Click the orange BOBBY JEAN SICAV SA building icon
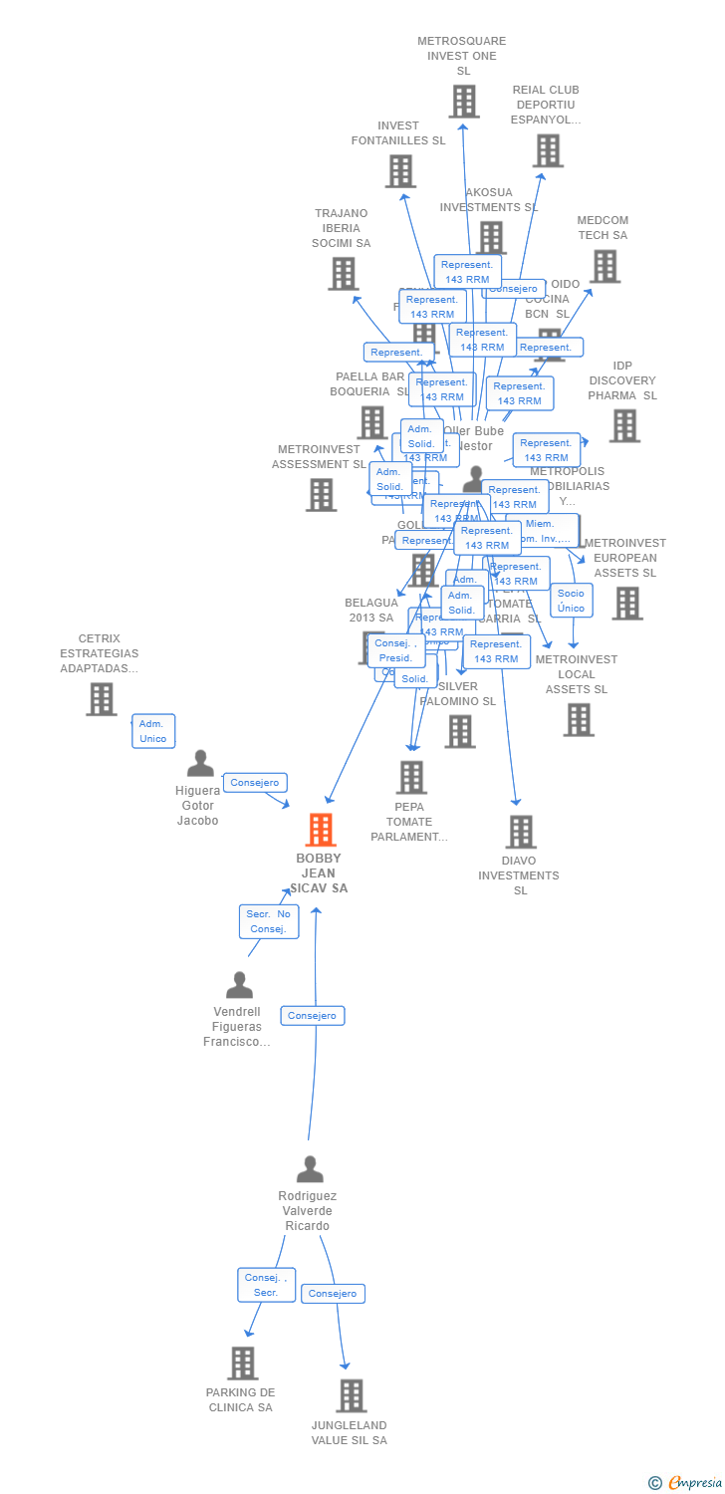point(320,830)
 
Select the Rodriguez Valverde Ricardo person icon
point(310,1169)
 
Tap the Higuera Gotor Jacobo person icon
point(200,764)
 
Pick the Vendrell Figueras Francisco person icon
point(239,985)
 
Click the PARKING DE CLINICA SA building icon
point(242,1363)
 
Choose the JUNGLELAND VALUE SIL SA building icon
point(351,1395)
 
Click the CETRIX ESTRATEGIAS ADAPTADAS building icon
point(101,698)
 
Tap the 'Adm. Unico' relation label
point(153,731)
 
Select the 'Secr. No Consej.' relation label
point(269,921)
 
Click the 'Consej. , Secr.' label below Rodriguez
point(266,1285)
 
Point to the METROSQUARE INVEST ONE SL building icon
point(463,101)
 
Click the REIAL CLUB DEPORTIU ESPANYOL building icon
point(547,150)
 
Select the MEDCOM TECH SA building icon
point(604,266)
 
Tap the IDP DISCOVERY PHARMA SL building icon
point(624,425)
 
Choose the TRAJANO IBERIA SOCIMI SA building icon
point(343,273)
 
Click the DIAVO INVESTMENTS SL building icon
point(520,832)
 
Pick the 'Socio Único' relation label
point(572,601)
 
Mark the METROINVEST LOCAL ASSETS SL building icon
point(578,719)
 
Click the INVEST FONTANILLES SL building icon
point(400,171)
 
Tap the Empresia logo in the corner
point(686,1483)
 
